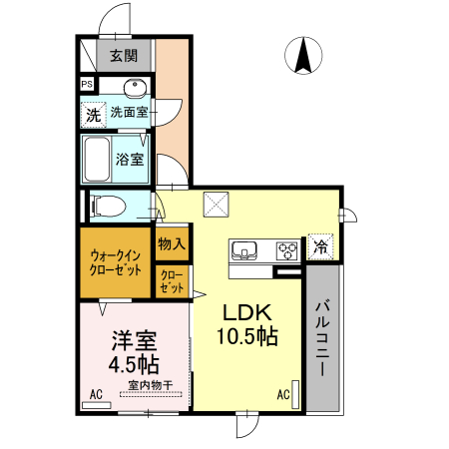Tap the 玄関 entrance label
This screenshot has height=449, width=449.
point(125,56)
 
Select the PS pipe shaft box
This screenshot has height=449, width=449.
point(87,85)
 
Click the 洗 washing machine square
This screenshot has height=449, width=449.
point(92,114)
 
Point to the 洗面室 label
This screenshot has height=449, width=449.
point(130,113)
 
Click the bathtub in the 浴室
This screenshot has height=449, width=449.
point(96,159)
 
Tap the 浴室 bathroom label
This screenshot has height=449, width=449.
point(130,159)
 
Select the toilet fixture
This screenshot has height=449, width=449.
point(108,208)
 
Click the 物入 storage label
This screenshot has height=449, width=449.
point(171,243)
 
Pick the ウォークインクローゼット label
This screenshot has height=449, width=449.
point(116,262)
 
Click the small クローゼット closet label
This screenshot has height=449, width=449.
point(171,280)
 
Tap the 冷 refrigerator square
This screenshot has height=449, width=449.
point(320,245)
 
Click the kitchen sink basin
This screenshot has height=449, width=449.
point(245,249)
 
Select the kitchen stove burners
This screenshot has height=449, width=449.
point(286,249)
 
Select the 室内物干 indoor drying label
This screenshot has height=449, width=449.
point(149,385)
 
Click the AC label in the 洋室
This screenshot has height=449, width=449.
point(97,395)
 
